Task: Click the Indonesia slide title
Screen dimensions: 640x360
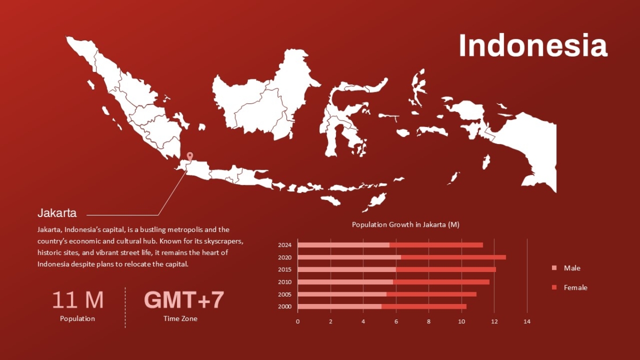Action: click(x=533, y=46)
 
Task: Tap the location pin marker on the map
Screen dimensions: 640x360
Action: click(x=190, y=157)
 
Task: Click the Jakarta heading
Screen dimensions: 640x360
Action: click(x=57, y=213)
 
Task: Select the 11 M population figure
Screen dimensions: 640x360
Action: click(x=78, y=300)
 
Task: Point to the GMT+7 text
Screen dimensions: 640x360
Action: click(x=184, y=300)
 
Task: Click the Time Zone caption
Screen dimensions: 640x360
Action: click(x=180, y=318)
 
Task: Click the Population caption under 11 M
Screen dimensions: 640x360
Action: click(x=77, y=318)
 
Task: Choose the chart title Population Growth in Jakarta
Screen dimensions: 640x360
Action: click(x=406, y=225)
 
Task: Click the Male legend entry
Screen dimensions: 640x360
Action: click(x=566, y=268)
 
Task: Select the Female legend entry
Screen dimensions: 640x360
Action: click(x=570, y=287)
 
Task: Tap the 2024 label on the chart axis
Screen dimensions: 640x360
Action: click(x=285, y=245)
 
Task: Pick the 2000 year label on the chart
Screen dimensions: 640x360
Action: click(x=285, y=307)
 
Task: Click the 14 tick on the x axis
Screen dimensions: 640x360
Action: click(x=527, y=322)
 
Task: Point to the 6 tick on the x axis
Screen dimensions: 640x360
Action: click(x=396, y=322)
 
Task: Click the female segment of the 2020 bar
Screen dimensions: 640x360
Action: click(x=453, y=258)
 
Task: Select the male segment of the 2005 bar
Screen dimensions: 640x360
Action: click(x=342, y=294)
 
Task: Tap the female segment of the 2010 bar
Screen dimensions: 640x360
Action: click(x=441, y=282)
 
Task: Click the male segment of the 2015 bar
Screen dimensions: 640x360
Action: click(x=347, y=269)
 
